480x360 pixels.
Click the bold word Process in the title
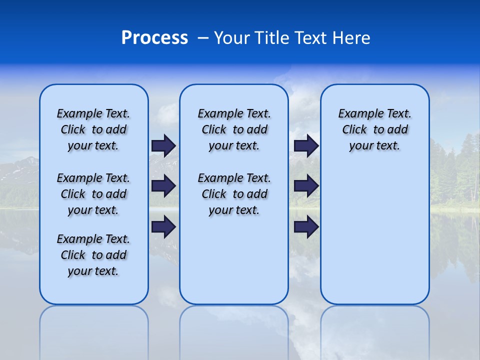click(154, 38)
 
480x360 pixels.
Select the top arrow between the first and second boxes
click(163, 145)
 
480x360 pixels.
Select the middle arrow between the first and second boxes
click(163, 186)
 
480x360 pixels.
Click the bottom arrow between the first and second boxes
click(163, 226)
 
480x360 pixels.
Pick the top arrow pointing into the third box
click(306, 145)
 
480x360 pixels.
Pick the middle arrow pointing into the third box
click(306, 186)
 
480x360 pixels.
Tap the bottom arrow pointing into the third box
click(306, 226)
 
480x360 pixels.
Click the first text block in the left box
click(93, 129)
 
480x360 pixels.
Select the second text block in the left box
click(93, 194)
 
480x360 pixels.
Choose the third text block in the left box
click(93, 255)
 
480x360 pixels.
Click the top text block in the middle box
click(234, 129)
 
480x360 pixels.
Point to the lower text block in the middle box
click(234, 194)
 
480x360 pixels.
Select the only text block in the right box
click(374, 129)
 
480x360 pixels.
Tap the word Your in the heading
click(232, 38)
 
